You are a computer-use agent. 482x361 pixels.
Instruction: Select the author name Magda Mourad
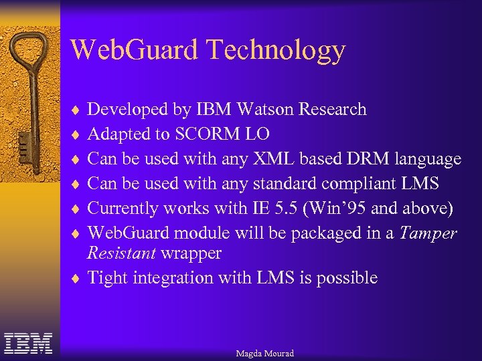pos(264,353)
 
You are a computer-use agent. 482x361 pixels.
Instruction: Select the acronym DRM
pos(368,159)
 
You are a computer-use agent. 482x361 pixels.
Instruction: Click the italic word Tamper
pos(430,233)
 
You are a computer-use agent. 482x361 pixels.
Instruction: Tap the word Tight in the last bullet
pos(108,277)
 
